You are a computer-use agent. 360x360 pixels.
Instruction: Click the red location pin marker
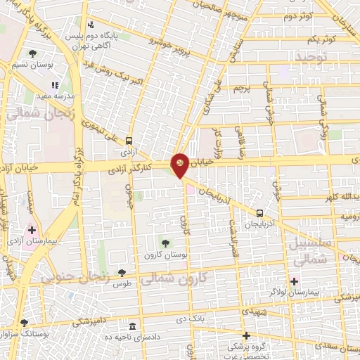(x=179, y=165)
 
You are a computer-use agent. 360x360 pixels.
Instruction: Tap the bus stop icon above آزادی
(x=129, y=141)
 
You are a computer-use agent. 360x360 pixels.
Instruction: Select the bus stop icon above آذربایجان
(x=260, y=212)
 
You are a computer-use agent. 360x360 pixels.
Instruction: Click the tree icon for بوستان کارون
(x=165, y=243)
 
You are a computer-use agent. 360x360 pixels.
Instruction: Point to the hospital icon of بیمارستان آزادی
(x=32, y=229)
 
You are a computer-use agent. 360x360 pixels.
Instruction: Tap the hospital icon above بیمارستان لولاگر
(x=294, y=281)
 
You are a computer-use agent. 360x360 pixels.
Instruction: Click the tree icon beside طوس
(x=122, y=273)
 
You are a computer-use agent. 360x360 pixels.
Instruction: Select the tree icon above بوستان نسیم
(x=32, y=53)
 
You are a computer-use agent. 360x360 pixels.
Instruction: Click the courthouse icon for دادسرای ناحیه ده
(x=133, y=327)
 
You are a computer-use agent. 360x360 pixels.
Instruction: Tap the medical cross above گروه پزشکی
(x=245, y=335)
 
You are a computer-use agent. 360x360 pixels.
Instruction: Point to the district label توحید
(x=311, y=56)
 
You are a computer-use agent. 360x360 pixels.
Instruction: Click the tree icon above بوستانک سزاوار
(x=25, y=323)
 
